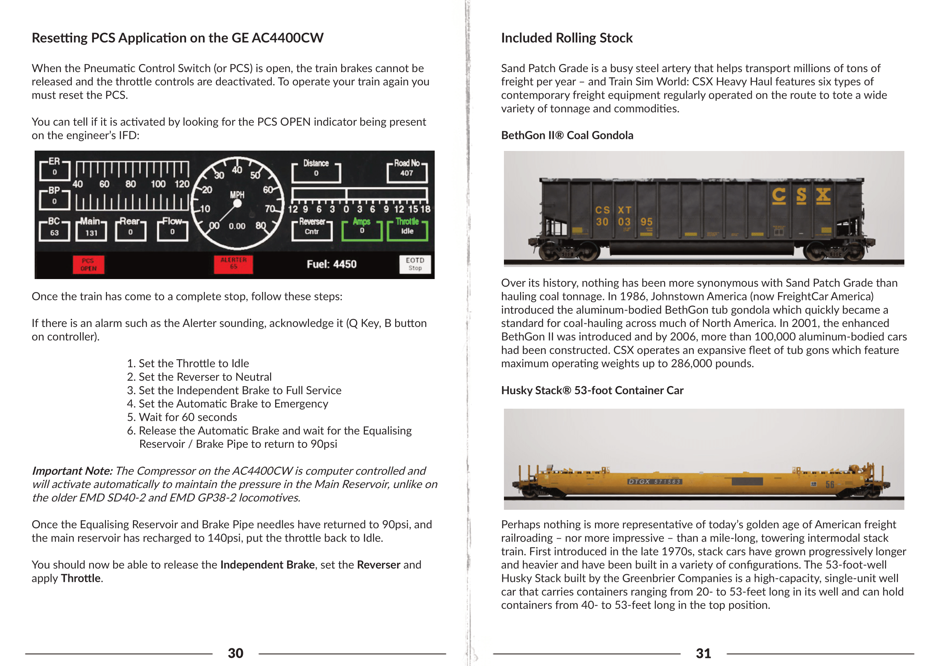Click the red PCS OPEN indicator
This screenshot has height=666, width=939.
pyautogui.click(x=88, y=265)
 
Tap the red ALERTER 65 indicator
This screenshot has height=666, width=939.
pyautogui.click(x=233, y=264)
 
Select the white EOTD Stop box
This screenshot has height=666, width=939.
pyautogui.click(x=415, y=264)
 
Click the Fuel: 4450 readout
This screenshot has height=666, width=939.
pyautogui.click(x=332, y=264)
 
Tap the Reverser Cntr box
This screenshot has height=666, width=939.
pyautogui.click(x=312, y=229)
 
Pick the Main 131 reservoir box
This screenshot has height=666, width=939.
pyautogui.click(x=91, y=230)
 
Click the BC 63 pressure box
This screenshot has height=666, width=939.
pyautogui.click(x=54, y=230)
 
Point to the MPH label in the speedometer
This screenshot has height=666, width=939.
pyautogui.click(x=237, y=194)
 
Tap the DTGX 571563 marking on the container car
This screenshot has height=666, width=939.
pyautogui.click(x=654, y=482)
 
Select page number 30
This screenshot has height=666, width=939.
pyautogui.click(x=236, y=653)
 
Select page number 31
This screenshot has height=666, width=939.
pyautogui.click(x=703, y=653)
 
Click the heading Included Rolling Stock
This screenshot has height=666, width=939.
pyautogui.click(x=566, y=38)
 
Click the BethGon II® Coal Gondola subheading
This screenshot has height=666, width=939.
pyautogui.click(x=567, y=135)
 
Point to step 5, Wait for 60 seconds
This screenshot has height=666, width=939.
pyautogui.click(x=182, y=417)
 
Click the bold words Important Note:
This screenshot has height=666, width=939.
pyautogui.click(x=72, y=471)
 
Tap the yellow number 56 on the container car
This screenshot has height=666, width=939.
pyautogui.click(x=829, y=485)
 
